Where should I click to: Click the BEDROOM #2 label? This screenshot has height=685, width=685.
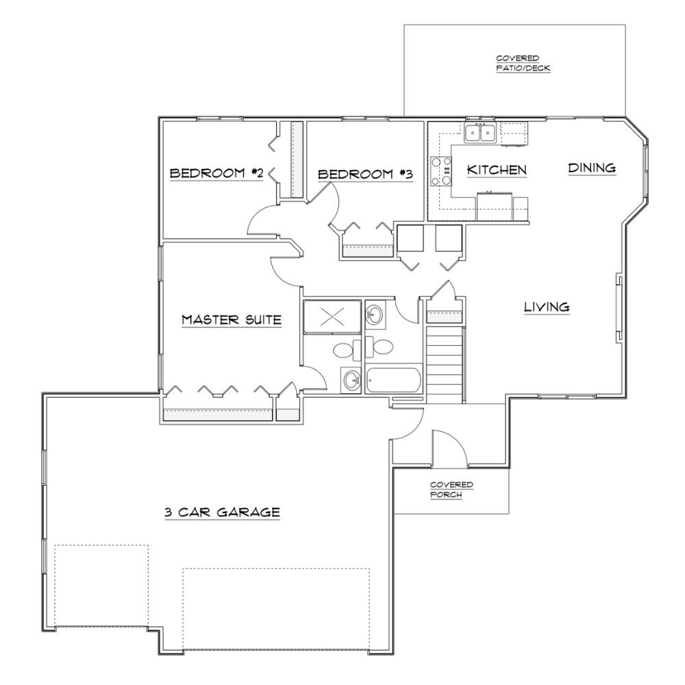click(x=216, y=173)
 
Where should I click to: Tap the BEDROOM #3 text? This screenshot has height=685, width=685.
click(x=365, y=174)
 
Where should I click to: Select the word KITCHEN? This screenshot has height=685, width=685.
click(x=497, y=169)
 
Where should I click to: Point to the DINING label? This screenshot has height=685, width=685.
click(x=592, y=168)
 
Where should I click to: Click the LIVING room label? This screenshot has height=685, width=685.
click(x=547, y=307)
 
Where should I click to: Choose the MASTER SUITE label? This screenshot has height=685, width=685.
click(x=232, y=319)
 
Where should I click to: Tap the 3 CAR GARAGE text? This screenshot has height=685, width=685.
click(x=222, y=512)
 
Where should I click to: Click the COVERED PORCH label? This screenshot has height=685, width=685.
click(x=451, y=490)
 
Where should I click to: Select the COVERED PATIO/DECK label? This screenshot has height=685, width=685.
click(x=523, y=63)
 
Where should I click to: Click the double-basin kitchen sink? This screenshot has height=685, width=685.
click(x=480, y=133)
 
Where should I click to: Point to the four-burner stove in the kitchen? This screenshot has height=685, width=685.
click(x=440, y=171)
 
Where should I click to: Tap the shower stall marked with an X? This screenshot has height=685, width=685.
click(x=332, y=316)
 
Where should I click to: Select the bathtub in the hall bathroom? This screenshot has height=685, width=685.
click(x=393, y=380)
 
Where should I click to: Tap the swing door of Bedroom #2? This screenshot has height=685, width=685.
click(x=262, y=221)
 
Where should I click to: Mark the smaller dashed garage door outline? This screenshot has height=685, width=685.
click(x=101, y=586)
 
